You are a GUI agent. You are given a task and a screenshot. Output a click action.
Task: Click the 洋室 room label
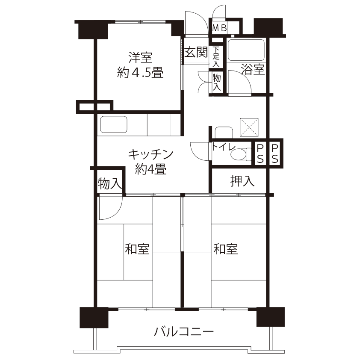(140, 57)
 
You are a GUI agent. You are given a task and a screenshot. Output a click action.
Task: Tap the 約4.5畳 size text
(140, 72)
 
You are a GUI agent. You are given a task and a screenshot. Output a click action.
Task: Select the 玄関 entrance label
(196, 52)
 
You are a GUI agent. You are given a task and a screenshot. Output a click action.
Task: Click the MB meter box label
(219, 28)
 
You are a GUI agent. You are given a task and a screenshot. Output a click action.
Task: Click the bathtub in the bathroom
(246, 50)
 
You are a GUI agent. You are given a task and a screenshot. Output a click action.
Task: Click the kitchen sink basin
(114, 124)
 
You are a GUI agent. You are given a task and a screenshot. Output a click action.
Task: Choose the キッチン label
(150, 154)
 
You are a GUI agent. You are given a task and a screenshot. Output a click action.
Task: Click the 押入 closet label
(242, 181)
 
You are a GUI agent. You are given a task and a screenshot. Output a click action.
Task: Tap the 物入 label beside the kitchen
(110, 183)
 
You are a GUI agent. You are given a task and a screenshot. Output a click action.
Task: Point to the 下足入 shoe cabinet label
(216, 57)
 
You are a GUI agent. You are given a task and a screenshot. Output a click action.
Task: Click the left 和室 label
(137, 249)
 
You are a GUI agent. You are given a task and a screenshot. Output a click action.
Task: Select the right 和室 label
(225, 249)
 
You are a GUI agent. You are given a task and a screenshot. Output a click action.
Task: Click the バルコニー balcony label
(184, 331)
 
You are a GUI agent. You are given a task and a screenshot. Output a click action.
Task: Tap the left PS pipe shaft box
(260, 153)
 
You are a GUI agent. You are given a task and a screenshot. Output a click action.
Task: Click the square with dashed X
(249, 127)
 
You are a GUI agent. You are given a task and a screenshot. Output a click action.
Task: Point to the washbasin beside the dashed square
(224, 132)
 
